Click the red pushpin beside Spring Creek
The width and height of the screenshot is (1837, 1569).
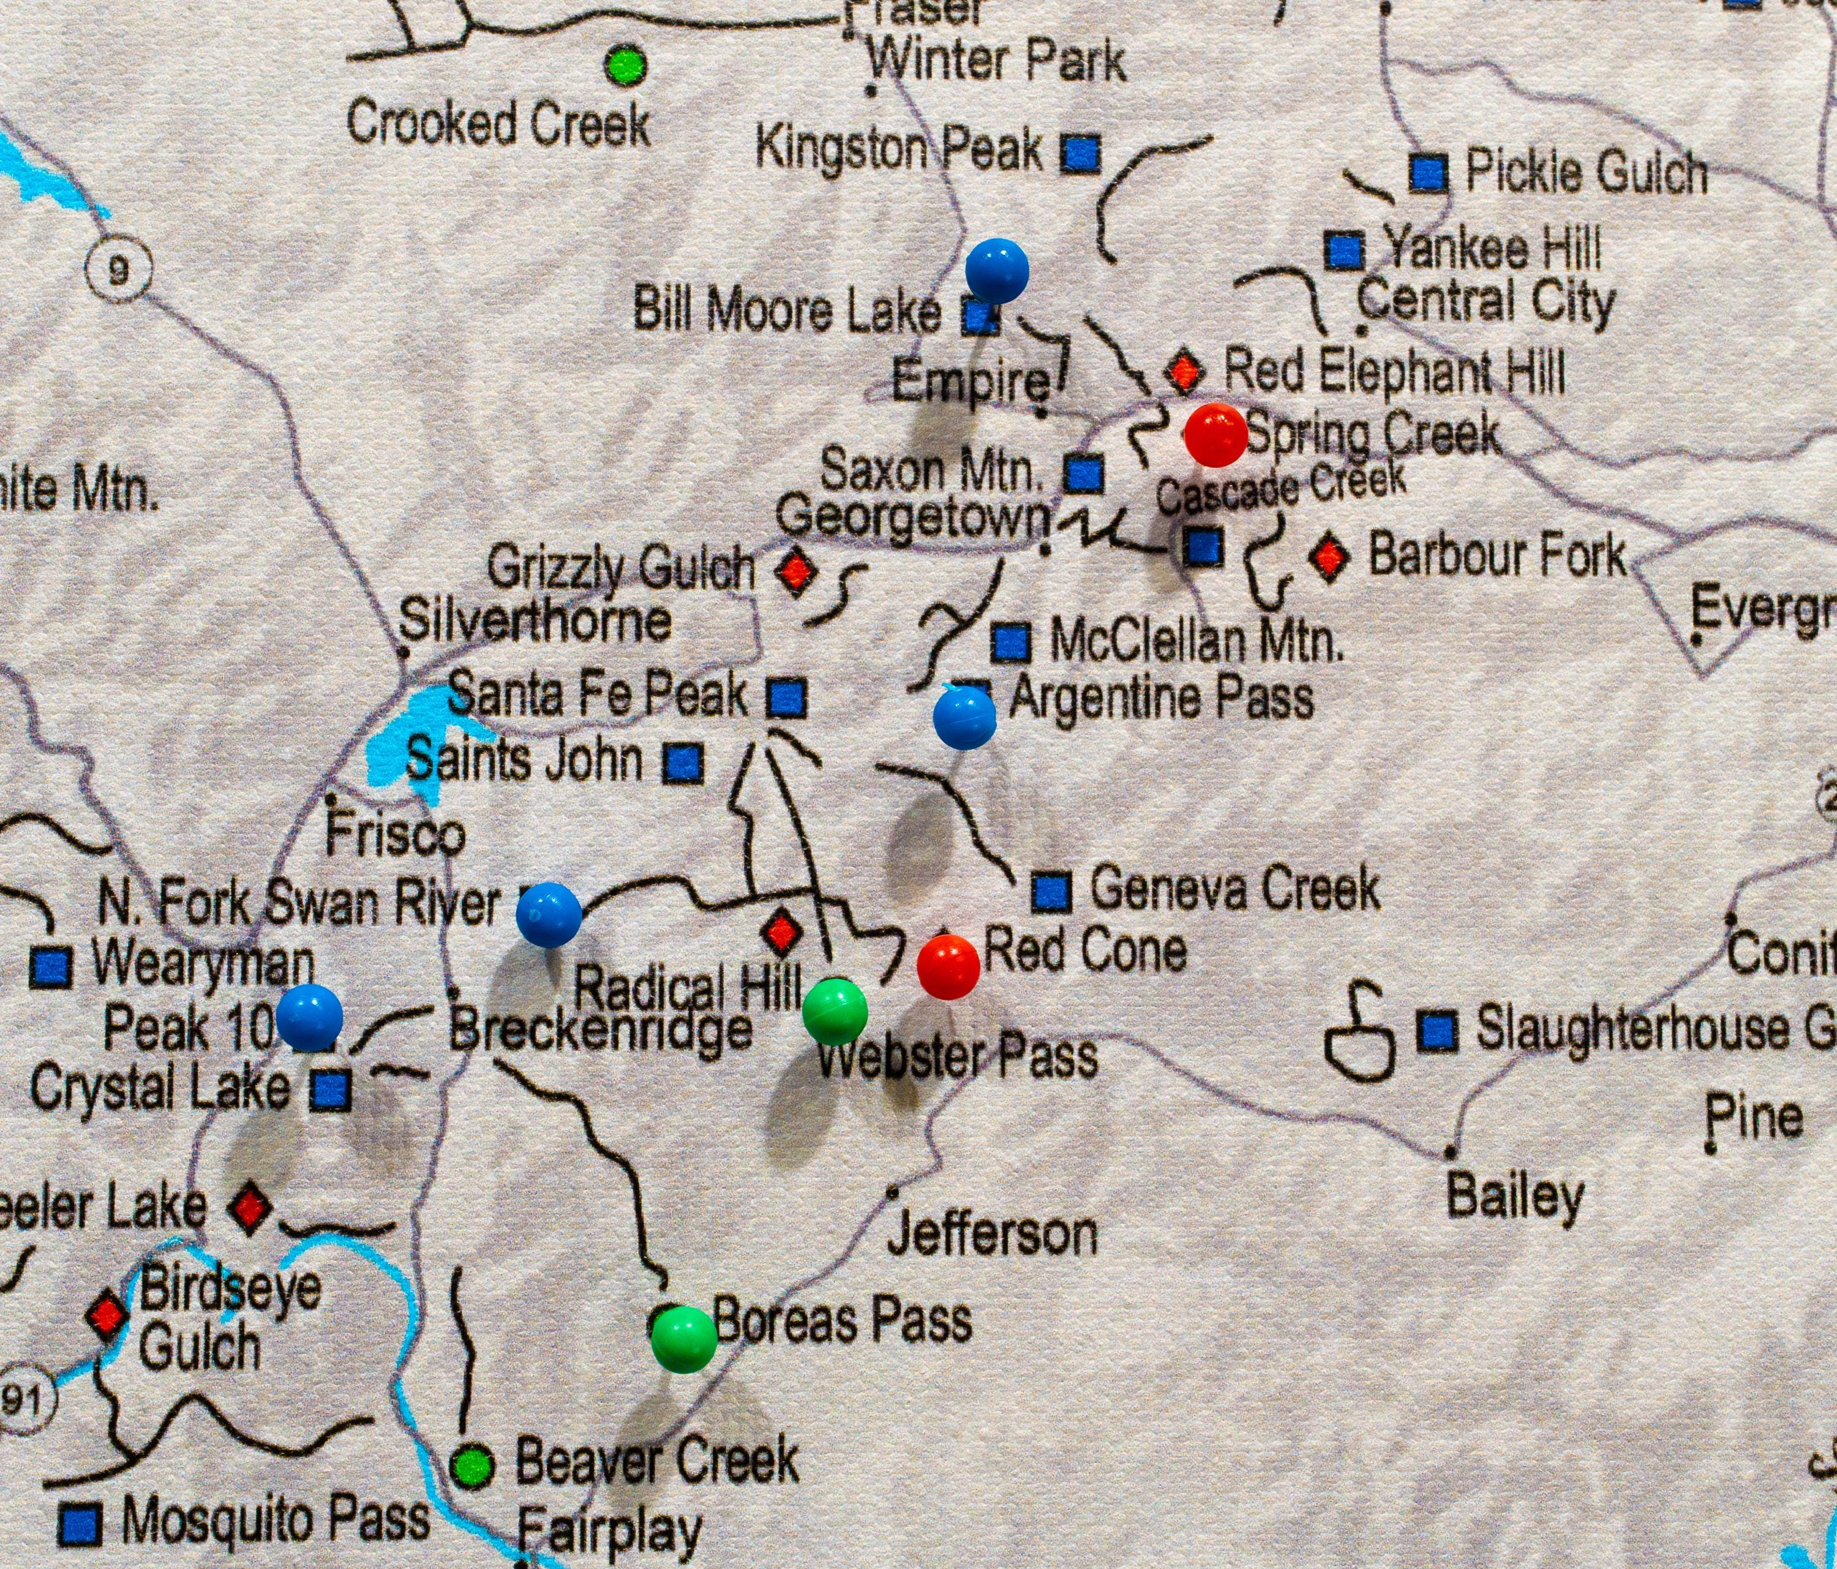pyautogui.click(x=1216, y=435)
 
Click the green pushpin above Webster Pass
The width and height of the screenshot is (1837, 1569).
pyautogui.click(x=834, y=1011)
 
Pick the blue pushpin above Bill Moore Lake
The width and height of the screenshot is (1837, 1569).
pyautogui.click(x=996, y=269)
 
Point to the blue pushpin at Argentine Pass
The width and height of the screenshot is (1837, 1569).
pyautogui.click(x=964, y=718)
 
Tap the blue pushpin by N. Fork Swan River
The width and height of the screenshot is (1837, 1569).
pyautogui.click(x=549, y=914)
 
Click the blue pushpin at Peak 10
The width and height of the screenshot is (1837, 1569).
pyautogui.click(x=309, y=1017)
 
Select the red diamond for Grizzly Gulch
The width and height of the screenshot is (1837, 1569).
pyautogui.click(x=795, y=570)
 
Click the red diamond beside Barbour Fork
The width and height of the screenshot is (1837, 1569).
pyautogui.click(x=1328, y=557)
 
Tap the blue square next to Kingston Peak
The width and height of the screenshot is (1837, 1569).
pyautogui.click(x=1081, y=154)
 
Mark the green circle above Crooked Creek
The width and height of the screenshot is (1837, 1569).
pyautogui.click(x=625, y=65)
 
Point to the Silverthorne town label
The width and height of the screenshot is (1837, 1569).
pyautogui.click(x=535, y=621)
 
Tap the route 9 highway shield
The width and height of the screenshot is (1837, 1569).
pyautogui.click(x=119, y=271)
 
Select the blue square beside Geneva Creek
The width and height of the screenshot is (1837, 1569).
pyautogui.click(x=1051, y=890)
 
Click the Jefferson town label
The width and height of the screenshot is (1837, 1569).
pyautogui.click(x=992, y=1235)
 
